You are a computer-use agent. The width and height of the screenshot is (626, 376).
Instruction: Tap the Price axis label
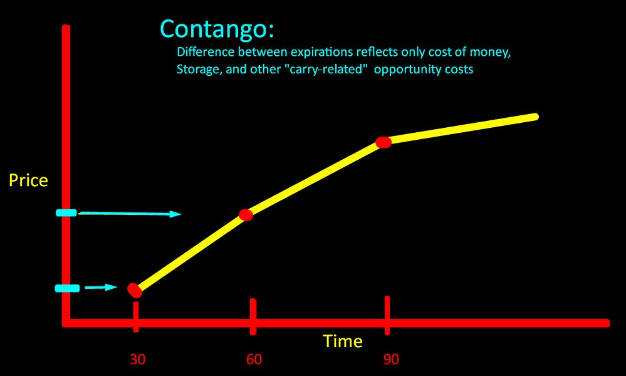tap(28, 180)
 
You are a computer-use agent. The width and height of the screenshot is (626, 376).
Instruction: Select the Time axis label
tap(343, 341)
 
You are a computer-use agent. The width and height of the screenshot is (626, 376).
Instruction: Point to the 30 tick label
tap(138, 359)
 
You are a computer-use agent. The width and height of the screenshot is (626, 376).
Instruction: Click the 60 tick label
tap(254, 359)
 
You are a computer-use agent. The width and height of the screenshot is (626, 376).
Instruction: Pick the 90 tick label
tap(391, 359)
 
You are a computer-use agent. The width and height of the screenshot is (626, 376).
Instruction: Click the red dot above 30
tap(135, 290)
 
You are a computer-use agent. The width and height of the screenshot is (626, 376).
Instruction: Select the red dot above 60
tap(246, 215)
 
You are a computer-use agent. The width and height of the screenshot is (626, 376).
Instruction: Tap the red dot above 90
tap(383, 142)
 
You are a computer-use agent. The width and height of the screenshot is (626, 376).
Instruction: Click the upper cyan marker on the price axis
tap(66, 213)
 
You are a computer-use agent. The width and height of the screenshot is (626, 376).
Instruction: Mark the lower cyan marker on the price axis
tap(67, 288)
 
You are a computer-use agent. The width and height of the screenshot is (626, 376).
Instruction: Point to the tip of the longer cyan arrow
tap(180, 214)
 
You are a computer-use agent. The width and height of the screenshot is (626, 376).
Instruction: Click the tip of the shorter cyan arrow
tap(117, 288)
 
